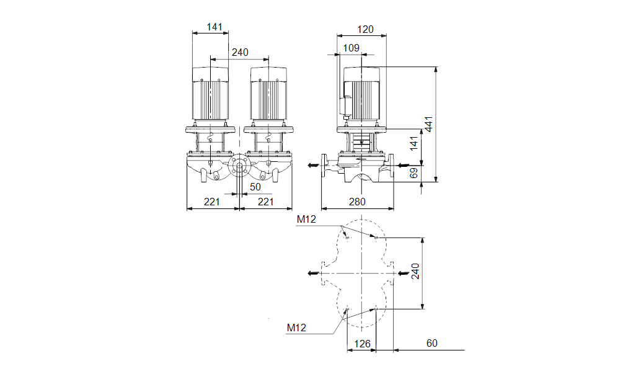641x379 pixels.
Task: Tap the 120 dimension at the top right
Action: click(366, 29)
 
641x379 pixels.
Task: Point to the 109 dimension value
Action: click(351, 48)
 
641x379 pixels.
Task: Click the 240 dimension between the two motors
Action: click(240, 53)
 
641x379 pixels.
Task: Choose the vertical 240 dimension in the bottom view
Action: click(417, 272)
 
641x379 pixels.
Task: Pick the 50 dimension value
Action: click(255, 186)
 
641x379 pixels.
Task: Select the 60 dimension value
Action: click(431, 343)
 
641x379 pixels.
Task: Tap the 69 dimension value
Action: click(415, 174)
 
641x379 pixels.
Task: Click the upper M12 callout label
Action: click(306, 219)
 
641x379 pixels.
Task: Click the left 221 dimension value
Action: click(213, 202)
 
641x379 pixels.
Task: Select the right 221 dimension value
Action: click(265, 202)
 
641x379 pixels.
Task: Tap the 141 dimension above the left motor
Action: click(214, 27)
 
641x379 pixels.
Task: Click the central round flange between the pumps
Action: click(239, 166)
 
